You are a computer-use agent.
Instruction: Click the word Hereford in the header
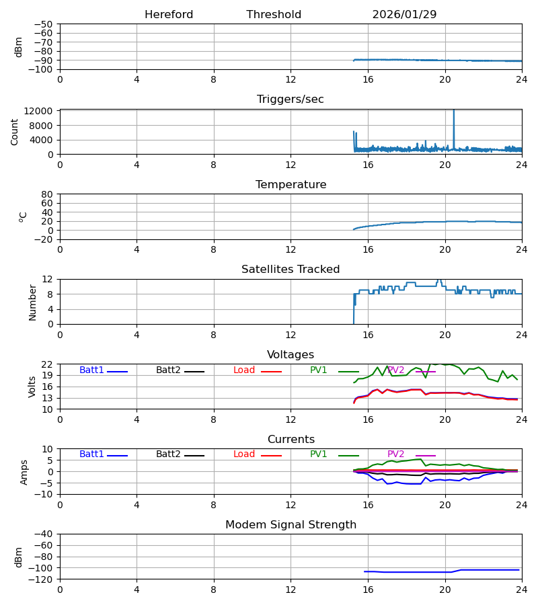[169, 15]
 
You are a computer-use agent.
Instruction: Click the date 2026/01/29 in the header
[404, 15]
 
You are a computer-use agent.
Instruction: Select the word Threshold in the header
[274, 15]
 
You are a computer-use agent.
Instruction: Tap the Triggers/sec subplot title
[291, 99]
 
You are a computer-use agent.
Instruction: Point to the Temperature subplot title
[291, 185]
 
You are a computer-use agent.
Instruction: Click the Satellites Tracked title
[291, 270]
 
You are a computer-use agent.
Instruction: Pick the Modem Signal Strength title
[291, 525]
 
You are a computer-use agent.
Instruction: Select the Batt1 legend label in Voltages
[91, 370]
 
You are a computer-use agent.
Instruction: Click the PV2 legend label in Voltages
[396, 370]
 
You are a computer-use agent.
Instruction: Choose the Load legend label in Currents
[244, 454]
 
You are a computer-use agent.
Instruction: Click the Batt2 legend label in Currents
[168, 454]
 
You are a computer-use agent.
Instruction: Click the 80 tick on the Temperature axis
[47, 194]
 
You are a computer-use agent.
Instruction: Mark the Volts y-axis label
[32, 387]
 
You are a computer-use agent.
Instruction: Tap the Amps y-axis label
[25, 472]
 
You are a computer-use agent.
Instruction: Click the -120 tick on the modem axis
[41, 579]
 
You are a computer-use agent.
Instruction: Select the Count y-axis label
[15, 132]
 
